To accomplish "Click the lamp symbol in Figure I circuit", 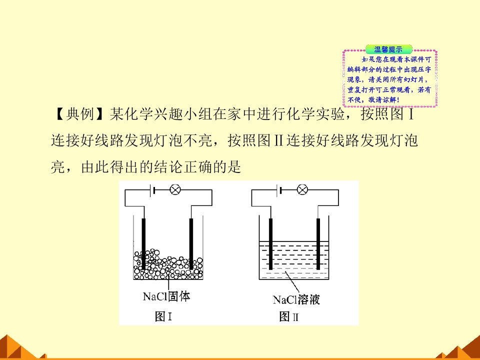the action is point(175,190).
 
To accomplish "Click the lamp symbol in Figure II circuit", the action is point(302,190).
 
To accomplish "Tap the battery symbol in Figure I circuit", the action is point(152,190).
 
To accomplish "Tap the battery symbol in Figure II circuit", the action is point(279,190).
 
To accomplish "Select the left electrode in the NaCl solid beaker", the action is point(143,243).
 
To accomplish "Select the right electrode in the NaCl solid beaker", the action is point(191,243).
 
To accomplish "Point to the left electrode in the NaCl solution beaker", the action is point(270,243).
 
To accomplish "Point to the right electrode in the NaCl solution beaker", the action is point(318,243).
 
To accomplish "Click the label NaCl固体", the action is point(166,296).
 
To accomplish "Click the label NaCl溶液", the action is point(296,299).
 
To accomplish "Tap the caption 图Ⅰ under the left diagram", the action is point(163,316).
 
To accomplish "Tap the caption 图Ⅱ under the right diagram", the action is point(288,316).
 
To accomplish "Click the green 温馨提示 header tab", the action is point(389,49).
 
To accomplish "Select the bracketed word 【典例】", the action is point(79,114).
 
